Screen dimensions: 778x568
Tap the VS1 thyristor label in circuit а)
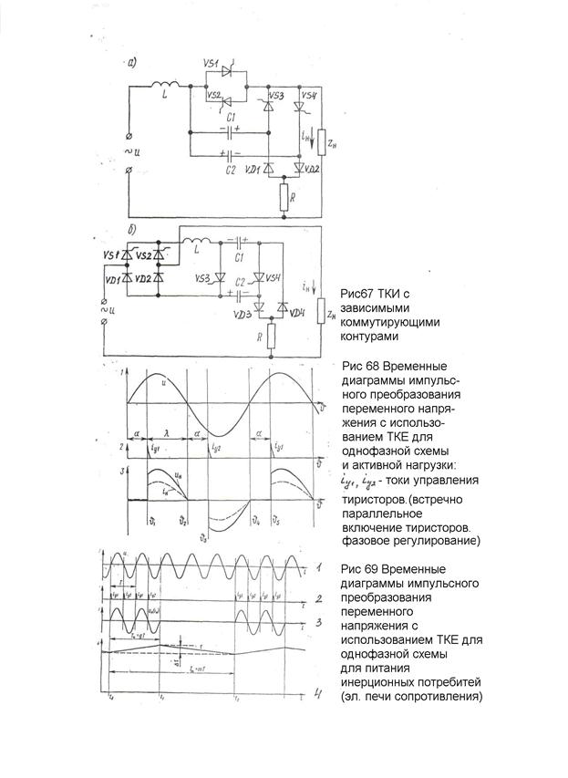pos(211,65)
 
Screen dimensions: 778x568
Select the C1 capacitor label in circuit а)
pos(231,118)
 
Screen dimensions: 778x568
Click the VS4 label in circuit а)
pos(308,97)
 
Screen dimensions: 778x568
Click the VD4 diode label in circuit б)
pos(295,314)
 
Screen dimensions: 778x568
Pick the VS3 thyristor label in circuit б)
pos(202,278)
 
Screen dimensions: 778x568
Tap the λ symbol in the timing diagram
pos(165,435)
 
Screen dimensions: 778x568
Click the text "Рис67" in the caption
pos(356,295)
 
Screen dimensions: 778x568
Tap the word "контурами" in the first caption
pos(369,337)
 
